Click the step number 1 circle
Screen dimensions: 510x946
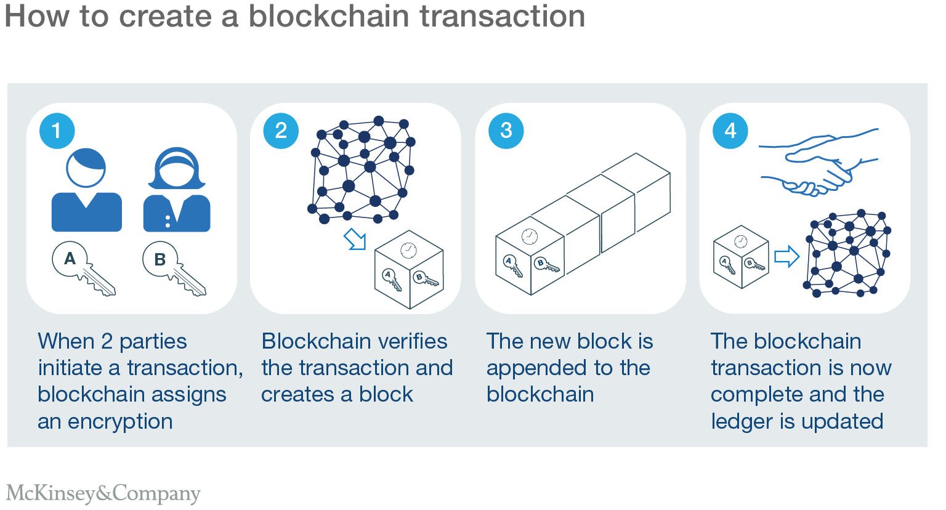(57, 131)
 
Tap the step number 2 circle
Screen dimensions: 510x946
(281, 131)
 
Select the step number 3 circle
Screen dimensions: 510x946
(506, 131)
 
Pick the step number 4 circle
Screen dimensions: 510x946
(730, 131)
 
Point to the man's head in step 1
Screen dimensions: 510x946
(86, 168)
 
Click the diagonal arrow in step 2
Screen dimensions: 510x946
(355, 239)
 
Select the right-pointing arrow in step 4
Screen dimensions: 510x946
(786, 256)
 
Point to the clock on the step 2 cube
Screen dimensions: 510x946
(408, 249)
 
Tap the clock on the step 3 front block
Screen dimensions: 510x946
(530, 236)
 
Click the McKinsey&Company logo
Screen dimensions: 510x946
(103, 493)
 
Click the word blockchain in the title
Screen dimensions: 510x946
(328, 17)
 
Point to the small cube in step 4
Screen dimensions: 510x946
(741, 256)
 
